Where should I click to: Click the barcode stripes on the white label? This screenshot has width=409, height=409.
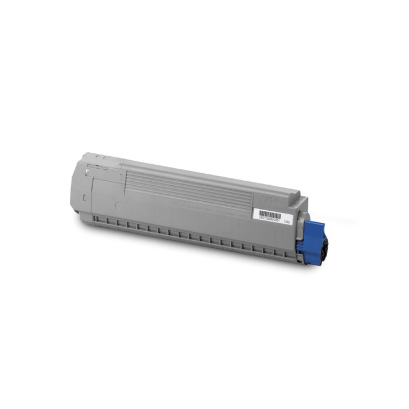click(270, 214)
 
